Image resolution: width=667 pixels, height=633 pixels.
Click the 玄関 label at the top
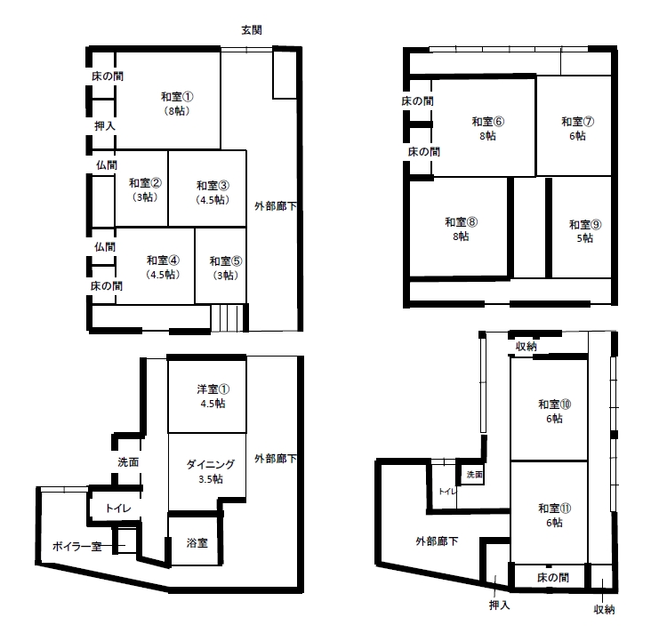252,30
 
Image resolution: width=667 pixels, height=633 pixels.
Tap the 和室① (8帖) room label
177,104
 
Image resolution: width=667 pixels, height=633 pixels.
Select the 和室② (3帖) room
145,190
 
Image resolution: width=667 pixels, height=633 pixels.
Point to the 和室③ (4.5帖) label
213,193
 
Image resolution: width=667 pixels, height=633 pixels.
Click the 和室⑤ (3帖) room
226,268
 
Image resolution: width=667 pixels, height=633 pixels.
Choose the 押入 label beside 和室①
105,126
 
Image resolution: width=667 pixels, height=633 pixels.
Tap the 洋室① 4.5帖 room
213,397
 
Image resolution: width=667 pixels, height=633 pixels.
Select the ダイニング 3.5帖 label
211,471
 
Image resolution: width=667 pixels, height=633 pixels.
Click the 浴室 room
197,543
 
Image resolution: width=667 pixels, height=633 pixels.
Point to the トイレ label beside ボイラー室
117,508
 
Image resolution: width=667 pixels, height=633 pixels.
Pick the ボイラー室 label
77,546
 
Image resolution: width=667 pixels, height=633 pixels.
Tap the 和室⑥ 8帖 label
488,128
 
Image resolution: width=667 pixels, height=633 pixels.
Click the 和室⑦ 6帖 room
578,128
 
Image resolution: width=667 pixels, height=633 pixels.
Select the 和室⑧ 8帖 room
461,228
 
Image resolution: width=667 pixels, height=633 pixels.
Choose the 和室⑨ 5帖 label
585,231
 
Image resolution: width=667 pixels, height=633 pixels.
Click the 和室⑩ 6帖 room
554,411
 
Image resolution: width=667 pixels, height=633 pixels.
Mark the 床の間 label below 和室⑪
553,577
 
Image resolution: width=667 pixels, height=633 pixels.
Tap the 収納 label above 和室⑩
526,347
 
